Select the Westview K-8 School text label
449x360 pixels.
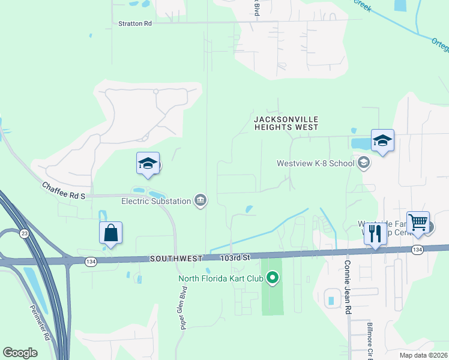click(x=315, y=163)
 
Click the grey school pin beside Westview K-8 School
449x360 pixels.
click(x=363, y=163)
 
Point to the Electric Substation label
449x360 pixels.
click(x=155, y=201)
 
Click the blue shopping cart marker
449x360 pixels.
click(x=418, y=223)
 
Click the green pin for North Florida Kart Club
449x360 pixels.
click(x=273, y=278)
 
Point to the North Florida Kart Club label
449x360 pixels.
click(x=221, y=278)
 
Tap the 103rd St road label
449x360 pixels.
click(x=234, y=257)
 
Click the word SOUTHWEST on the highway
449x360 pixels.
click(x=176, y=258)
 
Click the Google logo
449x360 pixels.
click(x=20, y=352)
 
